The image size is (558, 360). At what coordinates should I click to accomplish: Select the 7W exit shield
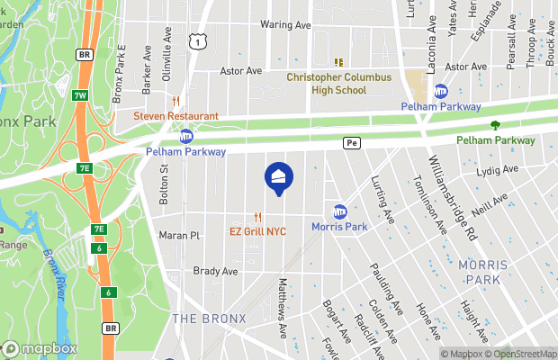coord(80,95)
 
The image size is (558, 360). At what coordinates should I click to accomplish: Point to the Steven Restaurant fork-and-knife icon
coord(177,101)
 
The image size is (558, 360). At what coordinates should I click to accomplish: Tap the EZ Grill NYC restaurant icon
coord(257,217)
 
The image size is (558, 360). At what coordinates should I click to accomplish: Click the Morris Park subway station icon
coord(340,211)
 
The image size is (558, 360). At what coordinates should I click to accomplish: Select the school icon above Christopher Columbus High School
coord(339,62)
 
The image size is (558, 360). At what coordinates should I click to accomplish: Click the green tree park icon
coord(495,125)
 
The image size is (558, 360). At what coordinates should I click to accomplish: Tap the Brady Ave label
coord(216,271)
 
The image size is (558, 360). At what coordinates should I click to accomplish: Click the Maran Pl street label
coord(179,236)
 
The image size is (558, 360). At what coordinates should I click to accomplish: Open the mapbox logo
coord(40,348)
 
